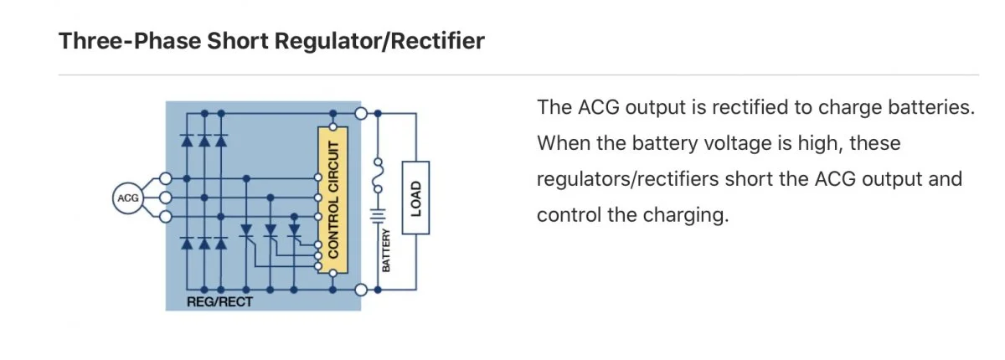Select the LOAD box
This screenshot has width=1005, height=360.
415,198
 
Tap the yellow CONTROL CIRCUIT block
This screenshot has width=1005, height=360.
333,200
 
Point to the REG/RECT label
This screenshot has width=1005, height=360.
219,301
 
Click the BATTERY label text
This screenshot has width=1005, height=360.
386,250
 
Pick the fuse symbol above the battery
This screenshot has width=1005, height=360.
379,175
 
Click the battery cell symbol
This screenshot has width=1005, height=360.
378,216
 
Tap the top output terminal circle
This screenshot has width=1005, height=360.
361,113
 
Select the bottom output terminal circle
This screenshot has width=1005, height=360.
361,290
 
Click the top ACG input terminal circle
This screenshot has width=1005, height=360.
166,178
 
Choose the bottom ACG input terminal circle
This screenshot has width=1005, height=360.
166,217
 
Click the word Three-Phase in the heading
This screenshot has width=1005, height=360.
130,41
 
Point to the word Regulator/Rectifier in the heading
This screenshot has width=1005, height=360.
379,41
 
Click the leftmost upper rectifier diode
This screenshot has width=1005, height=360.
187,141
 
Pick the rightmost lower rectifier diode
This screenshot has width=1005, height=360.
221,243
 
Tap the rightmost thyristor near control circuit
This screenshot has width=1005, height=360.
294,231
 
